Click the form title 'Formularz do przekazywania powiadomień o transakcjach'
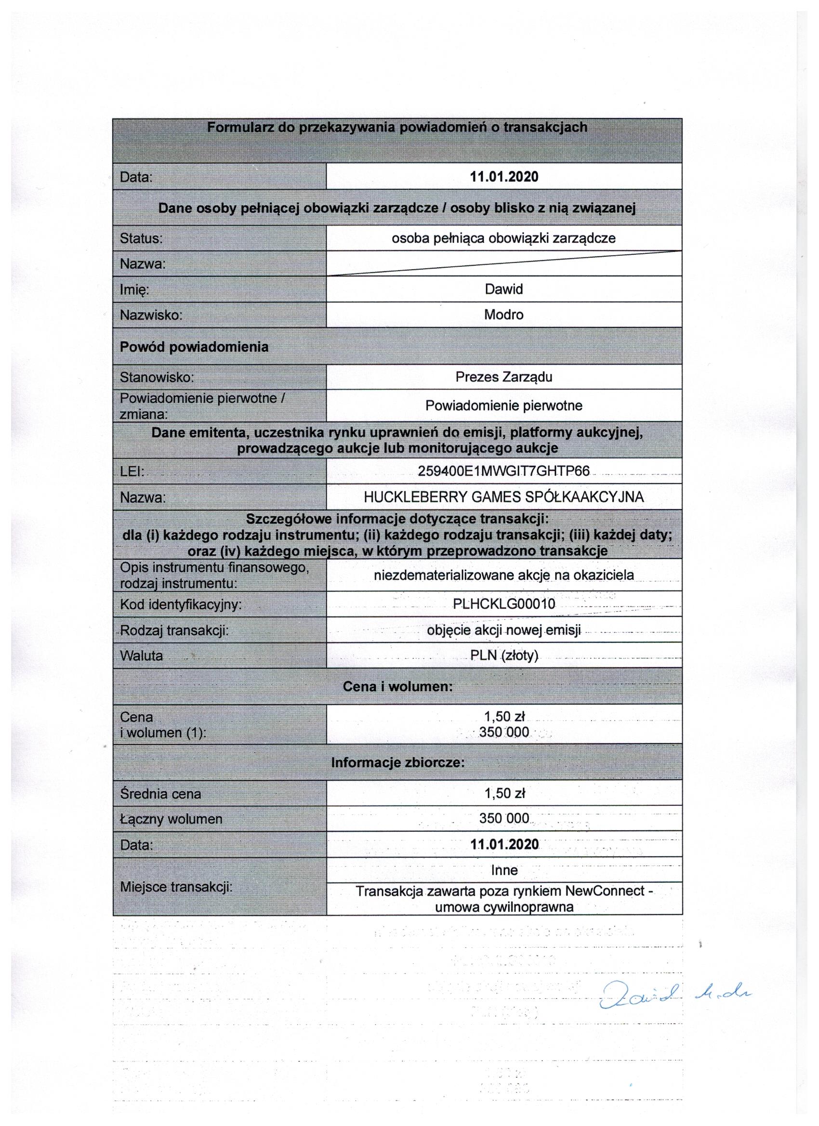tap(397, 128)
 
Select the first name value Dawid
tap(503, 289)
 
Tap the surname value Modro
tap(503, 314)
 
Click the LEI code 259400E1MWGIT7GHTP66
tap(503, 471)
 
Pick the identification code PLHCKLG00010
tap(503, 604)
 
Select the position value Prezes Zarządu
tap(503, 377)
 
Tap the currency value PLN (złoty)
tap(503, 655)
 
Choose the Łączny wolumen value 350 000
tap(503, 818)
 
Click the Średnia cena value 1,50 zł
tap(504, 793)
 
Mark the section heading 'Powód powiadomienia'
tap(194, 347)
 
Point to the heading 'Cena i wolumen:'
tap(397, 687)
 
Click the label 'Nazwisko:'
tap(151, 315)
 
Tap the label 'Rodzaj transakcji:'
tap(174, 630)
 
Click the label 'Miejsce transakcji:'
tap(176, 887)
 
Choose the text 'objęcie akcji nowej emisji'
tap(503, 630)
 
